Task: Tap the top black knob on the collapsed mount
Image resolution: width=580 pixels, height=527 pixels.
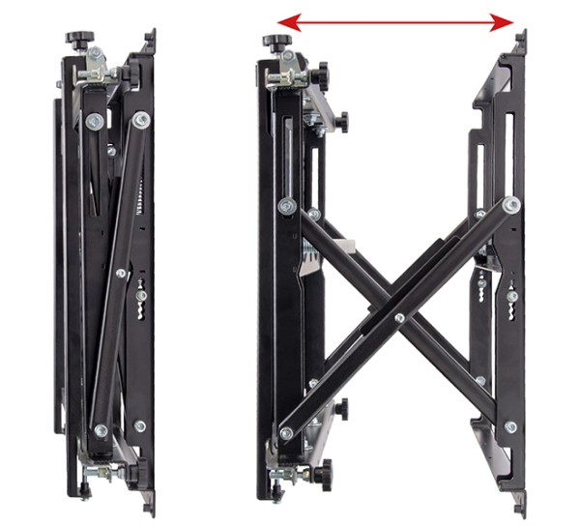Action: (x=78, y=40)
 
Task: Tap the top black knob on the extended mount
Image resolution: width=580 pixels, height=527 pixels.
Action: (x=275, y=42)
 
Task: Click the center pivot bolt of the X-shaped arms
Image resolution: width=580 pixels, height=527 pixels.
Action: (x=399, y=317)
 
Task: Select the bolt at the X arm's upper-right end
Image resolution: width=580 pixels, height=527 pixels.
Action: (x=510, y=203)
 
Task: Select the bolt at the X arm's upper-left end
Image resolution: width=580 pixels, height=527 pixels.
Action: (x=286, y=205)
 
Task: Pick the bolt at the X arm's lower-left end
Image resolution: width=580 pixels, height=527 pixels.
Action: (x=286, y=433)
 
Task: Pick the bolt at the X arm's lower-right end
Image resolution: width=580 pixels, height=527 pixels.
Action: (x=510, y=426)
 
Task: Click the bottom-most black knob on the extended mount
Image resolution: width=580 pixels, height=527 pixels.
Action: (x=317, y=477)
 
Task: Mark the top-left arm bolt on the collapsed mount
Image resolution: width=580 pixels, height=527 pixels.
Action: (x=94, y=122)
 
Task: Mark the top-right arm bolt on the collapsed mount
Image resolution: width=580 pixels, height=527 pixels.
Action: (x=142, y=120)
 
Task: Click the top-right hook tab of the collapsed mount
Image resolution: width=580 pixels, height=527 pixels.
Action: (x=151, y=42)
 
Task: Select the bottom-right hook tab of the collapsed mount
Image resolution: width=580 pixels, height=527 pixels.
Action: (x=150, y=498)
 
